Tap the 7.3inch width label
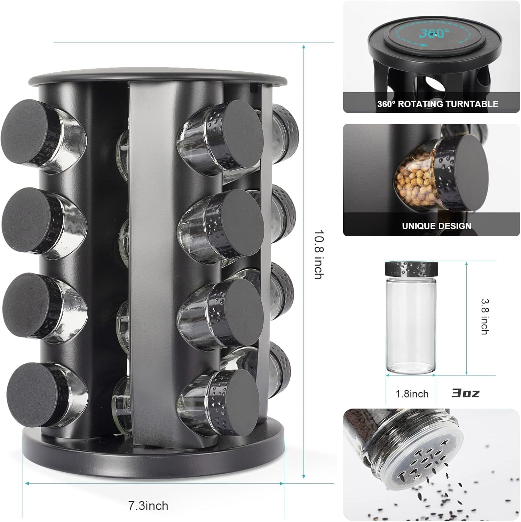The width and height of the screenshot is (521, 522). click(148, 505)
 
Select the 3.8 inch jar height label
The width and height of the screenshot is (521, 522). click(484, 316)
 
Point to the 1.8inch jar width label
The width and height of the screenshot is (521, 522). click(412, 394)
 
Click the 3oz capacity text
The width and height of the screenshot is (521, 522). click(465, 393)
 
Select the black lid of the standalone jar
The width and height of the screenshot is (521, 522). click(411, 269)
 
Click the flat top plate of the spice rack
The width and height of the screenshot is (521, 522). click(153, 76)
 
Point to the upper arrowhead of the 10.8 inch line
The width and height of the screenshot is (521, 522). click(304, 47)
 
